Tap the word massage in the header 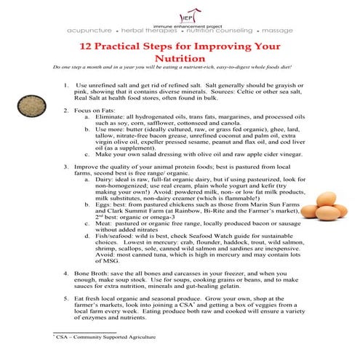[276, 31]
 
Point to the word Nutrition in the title [180, 59]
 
